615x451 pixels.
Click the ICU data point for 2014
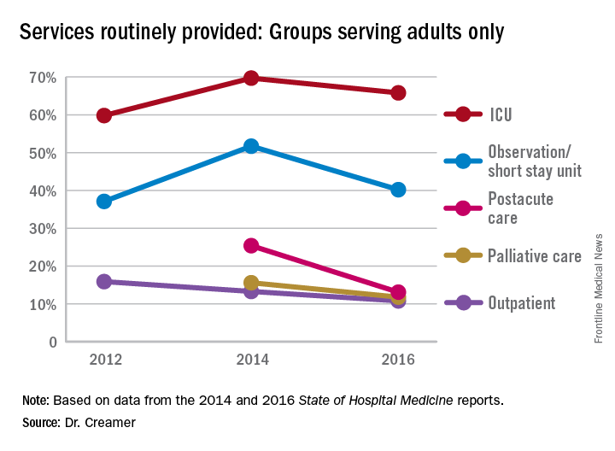(x=251, y=78)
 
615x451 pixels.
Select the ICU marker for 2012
(x=104, y=115)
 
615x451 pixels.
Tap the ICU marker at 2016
(x=398, y=92)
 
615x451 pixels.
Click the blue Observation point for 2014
(x=251, y=146)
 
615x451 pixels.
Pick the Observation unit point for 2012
(x=104, y=202)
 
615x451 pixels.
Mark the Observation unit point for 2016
(x=398, y=190)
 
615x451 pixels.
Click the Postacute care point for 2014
(x=251, y=246)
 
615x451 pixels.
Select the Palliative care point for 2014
(x=251, y=283)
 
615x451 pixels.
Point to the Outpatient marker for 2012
(x=104, y=281)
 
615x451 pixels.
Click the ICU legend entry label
(x=502, y=114)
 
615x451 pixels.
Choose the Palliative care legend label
(x=534, y=255)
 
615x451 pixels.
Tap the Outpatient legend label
(x=522, y=302)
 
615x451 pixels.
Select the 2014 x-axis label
(x=251, y=360)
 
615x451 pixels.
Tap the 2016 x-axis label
(x=398, y=360)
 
